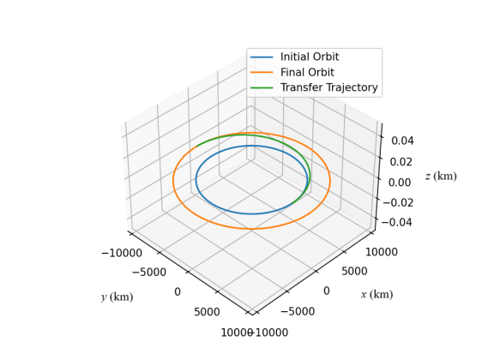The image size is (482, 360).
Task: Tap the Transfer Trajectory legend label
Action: [328, 88]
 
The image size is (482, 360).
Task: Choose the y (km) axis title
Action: [117, 297]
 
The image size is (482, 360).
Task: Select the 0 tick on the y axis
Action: [178, 292]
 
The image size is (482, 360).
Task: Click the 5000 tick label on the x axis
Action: [353, 272]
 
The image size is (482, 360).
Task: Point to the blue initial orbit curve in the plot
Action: [251, 213]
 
